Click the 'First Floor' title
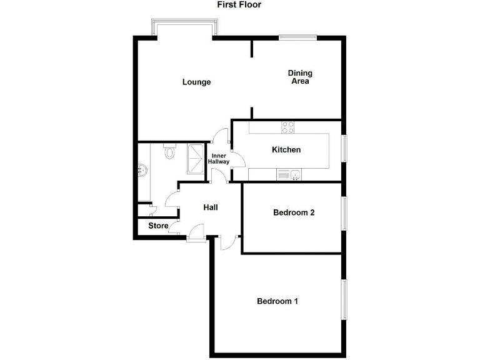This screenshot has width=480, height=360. (239, 5)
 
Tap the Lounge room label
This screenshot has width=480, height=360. (196, 82)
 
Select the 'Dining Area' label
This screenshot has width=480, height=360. (299, 77)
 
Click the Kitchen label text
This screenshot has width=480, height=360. (286, 150)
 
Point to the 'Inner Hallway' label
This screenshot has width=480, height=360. (219, 159)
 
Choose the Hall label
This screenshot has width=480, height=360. (210, 207)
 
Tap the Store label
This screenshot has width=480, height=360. (158, 226)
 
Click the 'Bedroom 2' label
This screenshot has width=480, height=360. (294, 212)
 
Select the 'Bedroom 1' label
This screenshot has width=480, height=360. (277, 301)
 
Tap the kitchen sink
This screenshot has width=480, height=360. (291, 175)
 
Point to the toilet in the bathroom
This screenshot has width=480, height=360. (169, 152)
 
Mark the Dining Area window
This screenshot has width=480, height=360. (298, 36)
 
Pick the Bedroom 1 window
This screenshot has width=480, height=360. (343, 300)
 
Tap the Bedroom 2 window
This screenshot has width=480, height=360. (343, 213)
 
